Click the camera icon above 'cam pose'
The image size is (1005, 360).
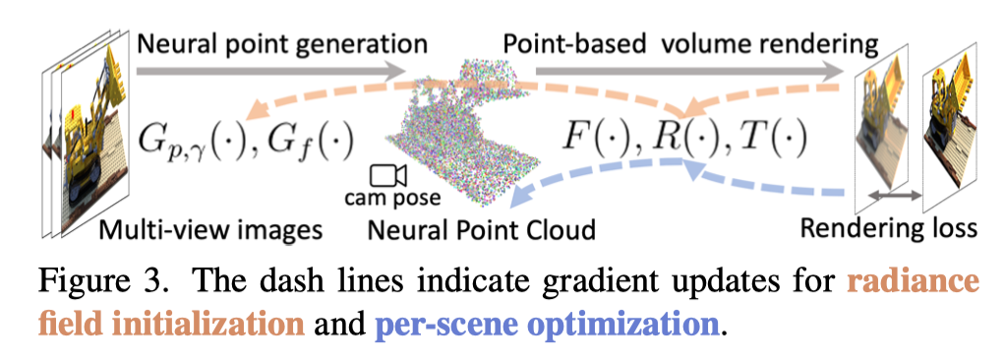[387, 176]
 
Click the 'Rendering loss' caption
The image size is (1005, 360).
[889, 230]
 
